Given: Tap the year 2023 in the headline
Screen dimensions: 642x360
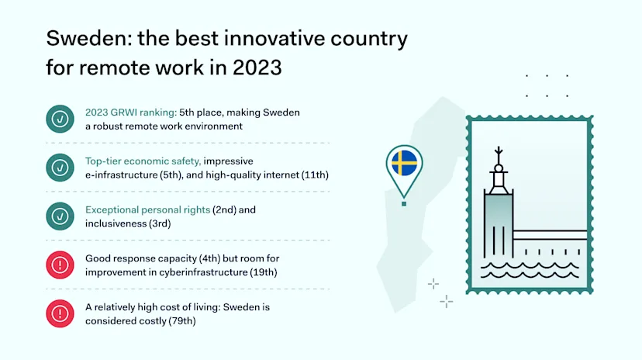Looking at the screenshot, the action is tap(257, 67).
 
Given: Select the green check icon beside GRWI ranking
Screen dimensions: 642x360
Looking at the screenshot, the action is tap(60, 119).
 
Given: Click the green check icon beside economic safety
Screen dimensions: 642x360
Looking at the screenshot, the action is tap(60, 168).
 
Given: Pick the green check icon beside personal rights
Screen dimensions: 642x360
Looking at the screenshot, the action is tap(60, 216).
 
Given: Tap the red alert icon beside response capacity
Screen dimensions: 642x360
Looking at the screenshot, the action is tap(60, 265).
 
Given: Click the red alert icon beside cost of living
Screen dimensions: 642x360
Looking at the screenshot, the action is tap(60, 313).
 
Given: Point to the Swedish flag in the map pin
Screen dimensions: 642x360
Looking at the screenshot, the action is tap(404, 163).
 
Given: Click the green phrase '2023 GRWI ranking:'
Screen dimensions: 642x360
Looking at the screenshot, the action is tap(131, 112).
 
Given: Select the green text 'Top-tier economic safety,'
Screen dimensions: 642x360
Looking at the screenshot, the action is tap(143, 161).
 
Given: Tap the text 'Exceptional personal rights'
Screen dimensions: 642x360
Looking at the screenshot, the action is tap(147, 209).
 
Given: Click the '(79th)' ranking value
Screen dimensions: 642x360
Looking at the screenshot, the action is tap(182, 321).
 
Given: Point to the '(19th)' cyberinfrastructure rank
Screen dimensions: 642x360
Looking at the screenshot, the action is tap(264, 272).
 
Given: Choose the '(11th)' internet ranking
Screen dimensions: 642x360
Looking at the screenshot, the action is tap(315, 175).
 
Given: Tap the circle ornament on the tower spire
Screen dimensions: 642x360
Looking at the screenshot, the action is tap(499, 168).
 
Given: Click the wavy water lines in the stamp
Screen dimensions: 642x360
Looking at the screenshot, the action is tap(530, 270).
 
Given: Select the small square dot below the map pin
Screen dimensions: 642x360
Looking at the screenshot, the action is tap(404, 203).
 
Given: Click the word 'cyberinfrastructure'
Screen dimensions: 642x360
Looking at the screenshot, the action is tap(207, 272).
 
